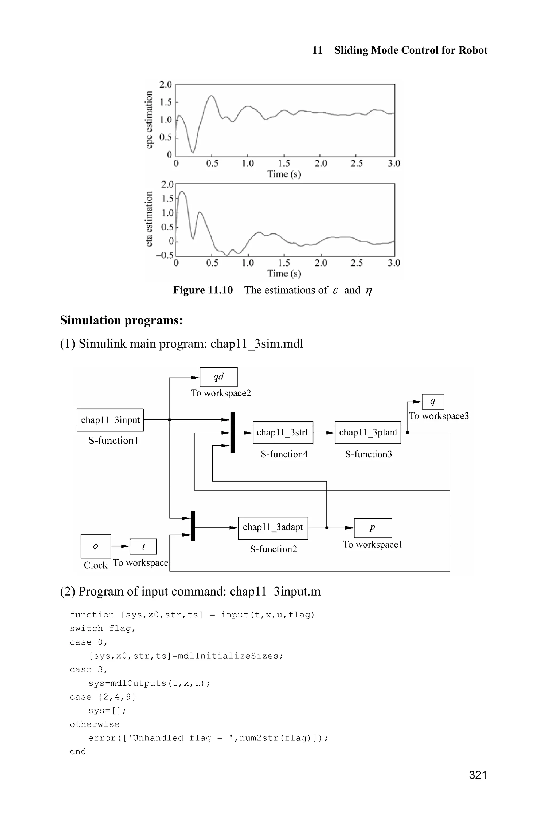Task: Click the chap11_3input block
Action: click(110, 420)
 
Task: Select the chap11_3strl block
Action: click(283, 433)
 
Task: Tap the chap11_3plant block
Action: click(368, 433)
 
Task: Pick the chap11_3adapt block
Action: click(273, 527)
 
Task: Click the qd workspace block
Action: click(218, 377)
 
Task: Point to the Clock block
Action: click(96, 546)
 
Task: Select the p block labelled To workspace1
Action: click(373, 528)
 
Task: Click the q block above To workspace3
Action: click(433, 402)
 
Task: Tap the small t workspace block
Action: click(143, 546)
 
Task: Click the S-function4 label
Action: click(284, 454)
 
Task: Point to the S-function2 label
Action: click(273, 549)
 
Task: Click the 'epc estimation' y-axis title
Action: click(149, 120)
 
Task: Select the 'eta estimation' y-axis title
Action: click(149, 219)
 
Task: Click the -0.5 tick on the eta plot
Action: click(164, 255)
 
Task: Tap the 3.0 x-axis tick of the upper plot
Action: click(394, 164)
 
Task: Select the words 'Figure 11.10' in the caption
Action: click(203, 290)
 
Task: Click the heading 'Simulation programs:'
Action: click(122, 320)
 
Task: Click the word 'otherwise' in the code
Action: click(95, 724)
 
